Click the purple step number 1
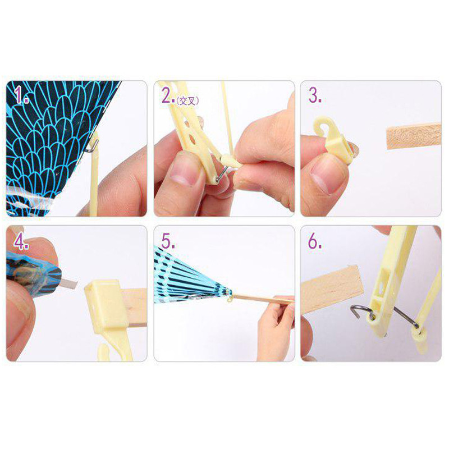click(21, 95)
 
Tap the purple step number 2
click(168, 95)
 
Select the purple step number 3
click(314, 95)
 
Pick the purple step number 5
click(168, 241)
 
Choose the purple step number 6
click(314, 241)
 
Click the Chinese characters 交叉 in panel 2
click(187, 100)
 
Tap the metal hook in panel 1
click(92, 146)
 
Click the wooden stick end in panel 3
click(414, 136)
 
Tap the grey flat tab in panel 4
click(69, 283)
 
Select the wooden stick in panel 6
click(332, 289)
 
